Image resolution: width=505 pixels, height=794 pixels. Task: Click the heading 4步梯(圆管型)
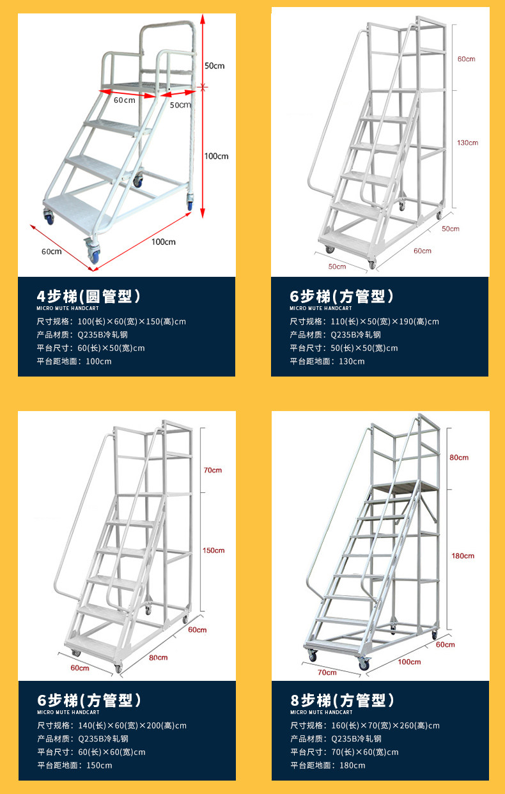pos(89,296)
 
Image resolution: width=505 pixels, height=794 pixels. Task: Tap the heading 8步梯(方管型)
pos(343,699)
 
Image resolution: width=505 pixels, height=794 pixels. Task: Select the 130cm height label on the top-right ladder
pos(468,143)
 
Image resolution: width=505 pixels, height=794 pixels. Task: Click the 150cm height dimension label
pos(214,550)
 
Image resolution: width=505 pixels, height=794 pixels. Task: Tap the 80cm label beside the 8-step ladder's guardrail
pos(459,457)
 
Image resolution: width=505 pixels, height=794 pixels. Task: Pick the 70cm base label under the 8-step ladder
pos(327,672)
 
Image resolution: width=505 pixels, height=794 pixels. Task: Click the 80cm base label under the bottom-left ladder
pos(158,657)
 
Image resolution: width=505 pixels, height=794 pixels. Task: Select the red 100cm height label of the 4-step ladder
pos(216,156)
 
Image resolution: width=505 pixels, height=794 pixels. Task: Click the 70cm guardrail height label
pos(213,470)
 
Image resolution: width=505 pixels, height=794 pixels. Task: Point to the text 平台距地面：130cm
pos(327,361)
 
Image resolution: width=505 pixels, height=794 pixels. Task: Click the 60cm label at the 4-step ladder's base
pos(52,251)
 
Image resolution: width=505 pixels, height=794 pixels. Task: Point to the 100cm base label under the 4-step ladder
pos(164,242)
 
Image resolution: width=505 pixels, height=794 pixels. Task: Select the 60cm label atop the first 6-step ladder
pos(467,59)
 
